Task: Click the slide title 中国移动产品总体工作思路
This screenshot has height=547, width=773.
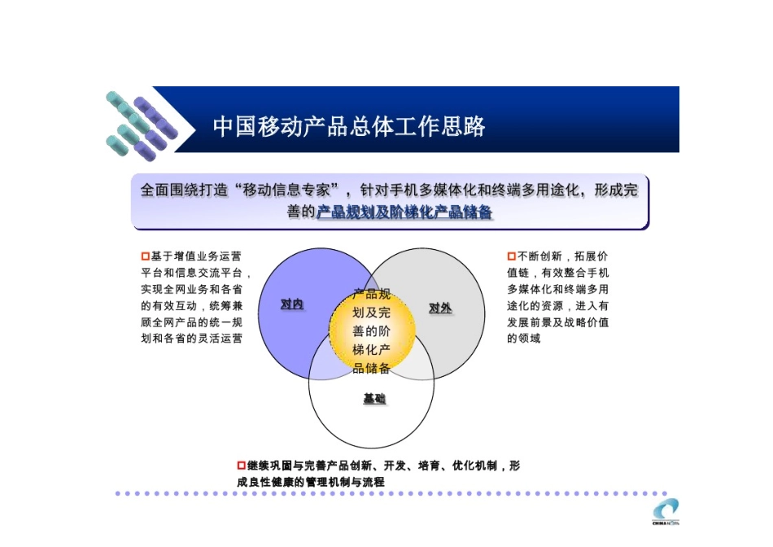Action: click(x=349, y=126)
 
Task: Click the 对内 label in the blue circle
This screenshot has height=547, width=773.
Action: click(x=291, y=304)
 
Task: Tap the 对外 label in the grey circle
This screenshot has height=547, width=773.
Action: click(x=440, y=308)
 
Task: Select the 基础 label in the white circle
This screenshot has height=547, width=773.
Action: click(x=374, y=399)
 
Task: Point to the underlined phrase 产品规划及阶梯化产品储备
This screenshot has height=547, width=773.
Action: click(x=404, y=212)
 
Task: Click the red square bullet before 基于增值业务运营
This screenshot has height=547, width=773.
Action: click(x=145, y=256)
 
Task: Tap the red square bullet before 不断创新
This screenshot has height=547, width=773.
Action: click(x=512, y=256)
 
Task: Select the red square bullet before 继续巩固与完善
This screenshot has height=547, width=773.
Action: click(x=241, y=466)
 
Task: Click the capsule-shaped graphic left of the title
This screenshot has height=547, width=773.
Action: click(x=138, y=126)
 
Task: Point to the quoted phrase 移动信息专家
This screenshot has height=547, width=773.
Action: click(x=286, y=190)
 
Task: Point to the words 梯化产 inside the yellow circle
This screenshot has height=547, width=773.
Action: click(x=371, y=350)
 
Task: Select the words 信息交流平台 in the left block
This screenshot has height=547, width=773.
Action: click(x=212, y=273)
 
